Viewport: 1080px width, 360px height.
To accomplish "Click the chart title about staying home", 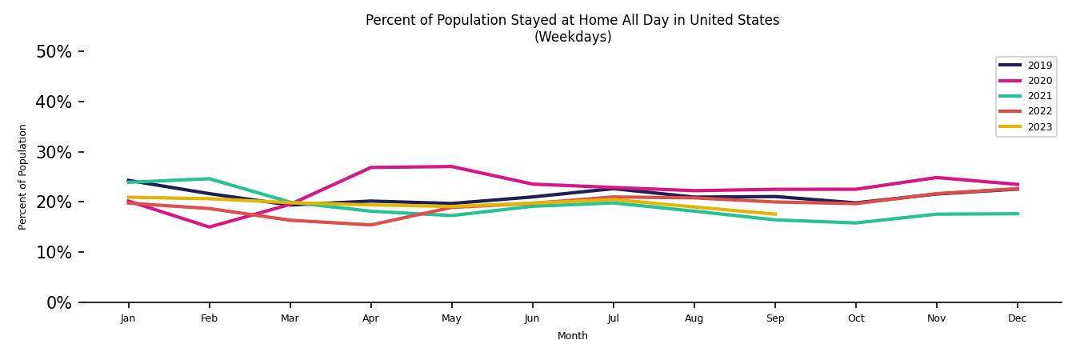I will coord(572,20).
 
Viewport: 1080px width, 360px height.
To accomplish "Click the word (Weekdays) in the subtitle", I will coord(572,37).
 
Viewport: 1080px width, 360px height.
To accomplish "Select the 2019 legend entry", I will coord(1039,66).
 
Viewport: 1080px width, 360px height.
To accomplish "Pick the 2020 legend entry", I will coord(1039,81).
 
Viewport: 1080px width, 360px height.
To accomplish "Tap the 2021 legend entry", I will coord(1039,96).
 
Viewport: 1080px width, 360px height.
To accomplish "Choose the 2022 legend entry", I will coord(1039,111).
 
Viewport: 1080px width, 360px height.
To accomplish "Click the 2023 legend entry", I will coord(1039,127).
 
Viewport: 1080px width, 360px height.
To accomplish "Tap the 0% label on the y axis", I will coord(58,302).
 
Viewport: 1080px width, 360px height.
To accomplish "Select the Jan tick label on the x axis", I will coord(128,318).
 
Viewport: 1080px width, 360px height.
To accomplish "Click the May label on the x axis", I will coord(451,318).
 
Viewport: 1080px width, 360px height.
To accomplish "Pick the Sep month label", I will coord(775,318).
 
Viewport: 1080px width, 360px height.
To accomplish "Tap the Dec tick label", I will coord(1018,318).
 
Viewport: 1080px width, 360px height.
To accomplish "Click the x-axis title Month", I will coord(572,336).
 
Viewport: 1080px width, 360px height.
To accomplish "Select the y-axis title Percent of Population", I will coord(23,177).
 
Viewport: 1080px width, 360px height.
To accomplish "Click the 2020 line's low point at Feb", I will coord(209,227).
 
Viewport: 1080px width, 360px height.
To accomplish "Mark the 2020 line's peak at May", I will coord(451,166).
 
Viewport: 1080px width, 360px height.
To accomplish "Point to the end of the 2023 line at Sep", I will coord(775,214).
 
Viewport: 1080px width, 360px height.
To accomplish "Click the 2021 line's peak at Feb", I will coord(209,178).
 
